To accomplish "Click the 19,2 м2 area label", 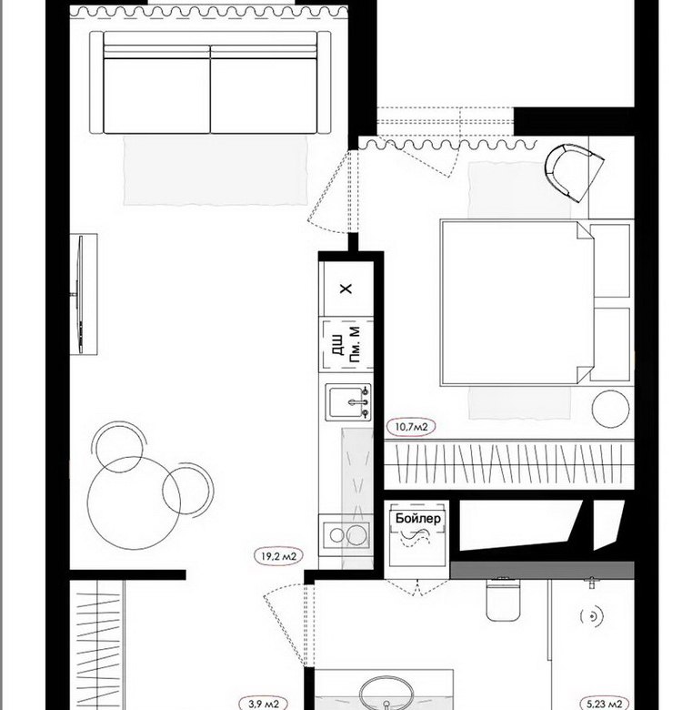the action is point(278,555).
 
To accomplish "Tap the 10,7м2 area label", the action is point(411,427).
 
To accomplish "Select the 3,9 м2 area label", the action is point(263,704).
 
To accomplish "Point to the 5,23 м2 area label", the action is point(604,704).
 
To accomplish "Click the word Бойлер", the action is point(418,518).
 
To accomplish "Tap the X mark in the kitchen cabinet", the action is point(346,289).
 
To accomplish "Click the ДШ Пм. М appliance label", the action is point(347,345).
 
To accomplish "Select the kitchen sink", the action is point(348,401).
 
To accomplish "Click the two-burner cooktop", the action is point(346,534).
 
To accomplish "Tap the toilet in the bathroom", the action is point(503,600).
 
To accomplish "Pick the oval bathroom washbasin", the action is point(386,694).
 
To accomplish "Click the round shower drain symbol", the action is point(592,616).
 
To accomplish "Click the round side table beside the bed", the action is point(610,409).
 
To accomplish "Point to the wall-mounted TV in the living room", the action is point(80,294).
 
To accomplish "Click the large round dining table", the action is point(135,502).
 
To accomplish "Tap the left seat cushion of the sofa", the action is point(157,95).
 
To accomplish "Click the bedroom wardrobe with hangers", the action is point(509,463).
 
